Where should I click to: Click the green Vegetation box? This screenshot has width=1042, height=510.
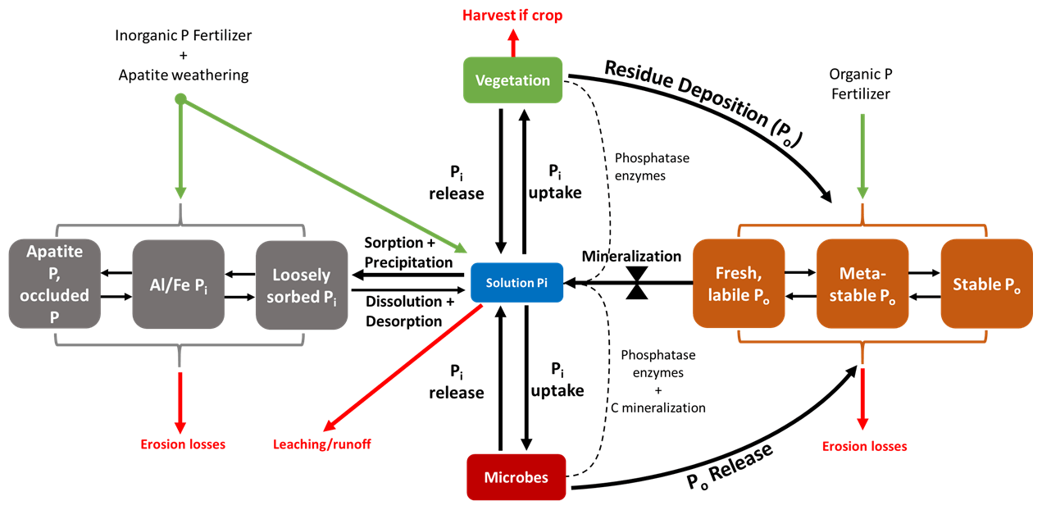click(x=513, y=80)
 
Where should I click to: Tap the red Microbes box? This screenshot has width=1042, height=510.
click(x=516, y=476)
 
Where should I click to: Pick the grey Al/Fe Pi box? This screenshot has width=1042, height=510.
click(x=178, y=283)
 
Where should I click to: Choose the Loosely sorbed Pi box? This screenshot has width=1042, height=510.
click(x=302, y=283)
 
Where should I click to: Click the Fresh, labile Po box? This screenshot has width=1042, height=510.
click(x=737, y=283)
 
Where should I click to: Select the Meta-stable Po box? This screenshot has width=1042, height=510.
click(x=862, y=283)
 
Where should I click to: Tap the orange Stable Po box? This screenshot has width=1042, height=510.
click(x=985, y=283)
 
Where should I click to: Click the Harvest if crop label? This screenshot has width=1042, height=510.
click(x=513, y=15)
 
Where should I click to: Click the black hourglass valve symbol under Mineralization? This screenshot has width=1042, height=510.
click(x=635, y=283)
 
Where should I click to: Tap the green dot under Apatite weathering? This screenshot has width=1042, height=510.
click(x=180, y=100)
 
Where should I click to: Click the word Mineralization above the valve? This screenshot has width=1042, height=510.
click(x=631, y=256)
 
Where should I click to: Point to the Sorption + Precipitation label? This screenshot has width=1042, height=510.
click(x=407, y=252)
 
